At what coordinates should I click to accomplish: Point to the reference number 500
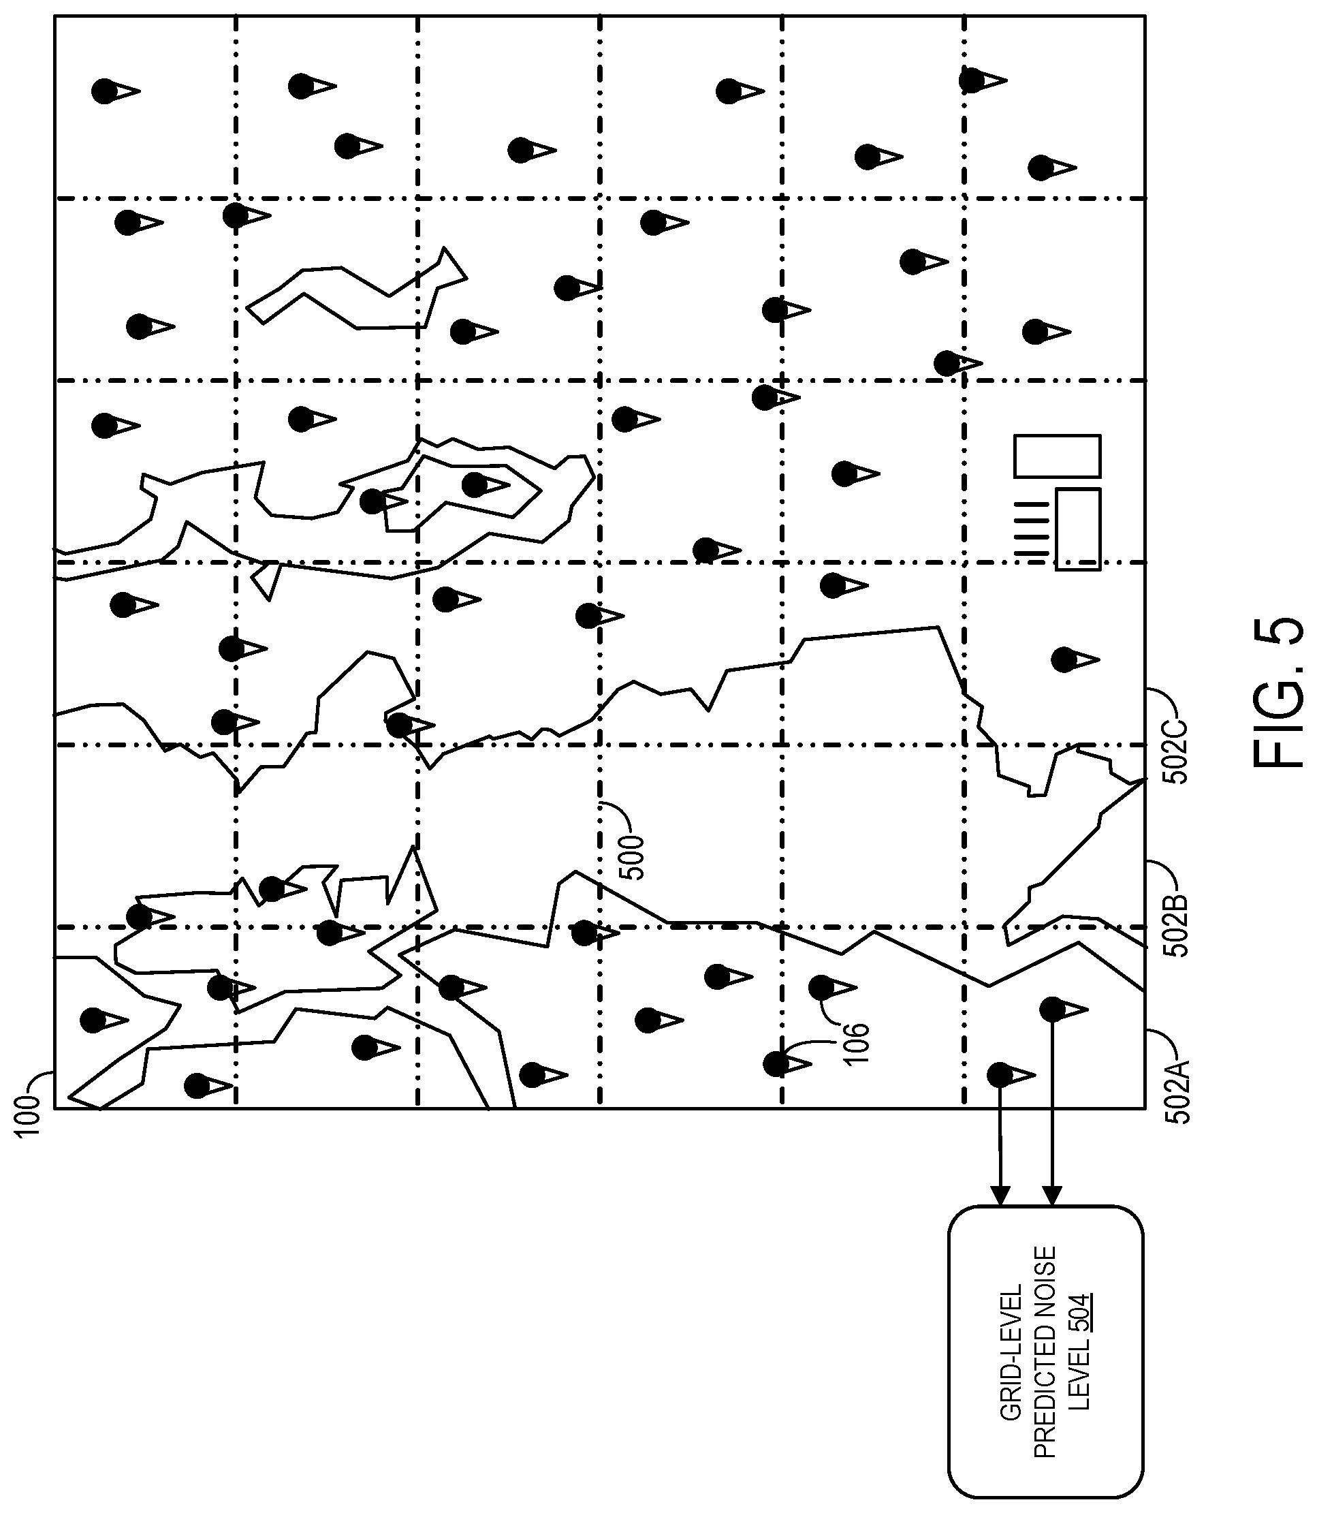[x=631, y=857]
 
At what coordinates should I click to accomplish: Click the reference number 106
[x=857, y=1042]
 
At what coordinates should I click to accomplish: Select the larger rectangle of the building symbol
[x=1058, y=456]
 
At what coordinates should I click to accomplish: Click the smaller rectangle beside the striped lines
[x=1078, y=529]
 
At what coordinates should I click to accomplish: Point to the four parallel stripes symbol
[x=1030, y=529]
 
